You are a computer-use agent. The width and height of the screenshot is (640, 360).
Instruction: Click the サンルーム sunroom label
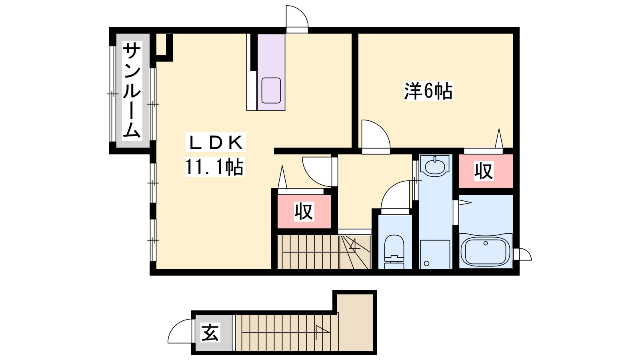tap(132, 90)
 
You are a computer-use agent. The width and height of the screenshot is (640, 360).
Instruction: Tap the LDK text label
tap(216, 142)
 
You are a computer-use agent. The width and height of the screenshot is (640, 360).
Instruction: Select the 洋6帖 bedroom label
tap(428, 91)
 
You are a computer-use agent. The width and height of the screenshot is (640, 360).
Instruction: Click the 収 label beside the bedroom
tap(484, 171)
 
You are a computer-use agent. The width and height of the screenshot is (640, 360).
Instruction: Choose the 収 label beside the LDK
tap(304, 212)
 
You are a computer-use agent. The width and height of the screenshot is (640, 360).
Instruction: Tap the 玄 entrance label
tap(210, 332)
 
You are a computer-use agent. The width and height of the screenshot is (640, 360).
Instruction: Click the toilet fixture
tap(394, 252)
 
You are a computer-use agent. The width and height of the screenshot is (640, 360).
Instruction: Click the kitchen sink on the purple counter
tap(271, 90)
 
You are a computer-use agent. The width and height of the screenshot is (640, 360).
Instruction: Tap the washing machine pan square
tap(435, 254)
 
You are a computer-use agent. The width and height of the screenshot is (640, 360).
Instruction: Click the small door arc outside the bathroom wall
tap(527, 252)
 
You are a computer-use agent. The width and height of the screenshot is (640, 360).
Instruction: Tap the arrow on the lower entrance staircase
tap(286, 332)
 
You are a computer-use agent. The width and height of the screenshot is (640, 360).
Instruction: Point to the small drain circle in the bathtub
tap(486, 244)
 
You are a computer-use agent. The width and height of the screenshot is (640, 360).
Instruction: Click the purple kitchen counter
tap(271, 72)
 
